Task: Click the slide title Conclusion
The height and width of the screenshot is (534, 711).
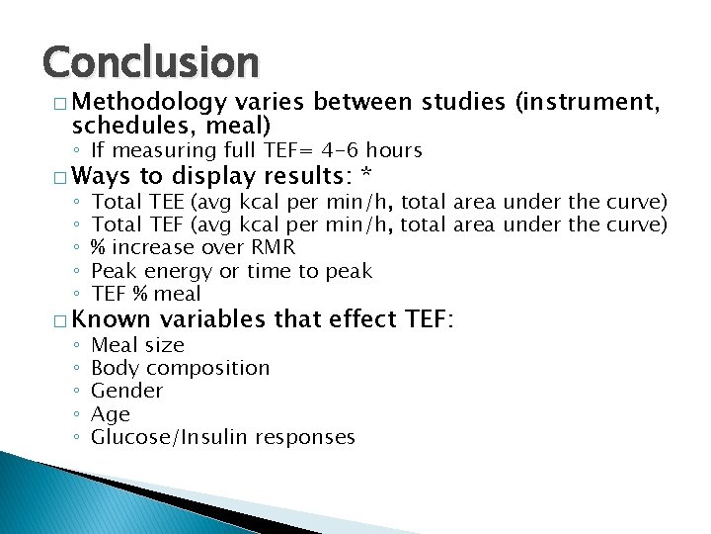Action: click(x=150, y=62)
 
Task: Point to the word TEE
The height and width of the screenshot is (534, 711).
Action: click(x=162, y=202)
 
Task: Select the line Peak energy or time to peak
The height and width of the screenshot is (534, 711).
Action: click(x=231, y=270)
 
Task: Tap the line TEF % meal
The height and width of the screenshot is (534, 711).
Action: click(x=145, y=294)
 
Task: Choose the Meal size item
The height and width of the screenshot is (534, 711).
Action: click(x=137, y=345)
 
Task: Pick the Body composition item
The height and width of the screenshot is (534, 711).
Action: click(x=180, y=368)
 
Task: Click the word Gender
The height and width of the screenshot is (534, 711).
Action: click(x=126, y=391)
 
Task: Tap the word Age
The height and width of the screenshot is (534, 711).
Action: click(x=110, y=414)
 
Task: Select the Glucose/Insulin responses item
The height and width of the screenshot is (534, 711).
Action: click(x=222, y=437)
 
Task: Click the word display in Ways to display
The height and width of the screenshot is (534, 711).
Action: click(x=215, y=177)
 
